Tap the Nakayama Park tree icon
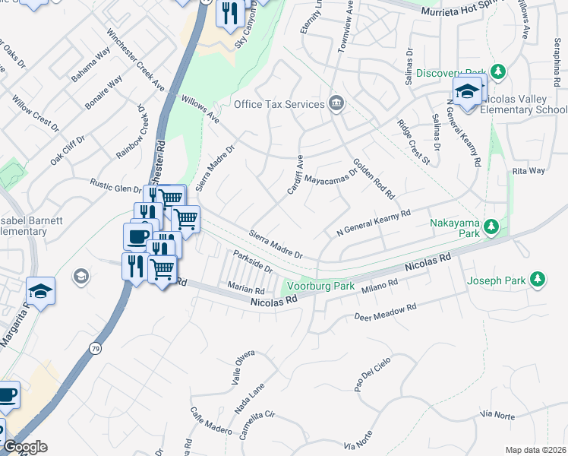coord(492,226)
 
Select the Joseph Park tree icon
coord(538,280)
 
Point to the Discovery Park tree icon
coord(498,72)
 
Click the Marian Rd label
coord(245,289)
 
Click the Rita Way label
coord(529,171)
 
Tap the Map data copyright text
coord(535,450)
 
